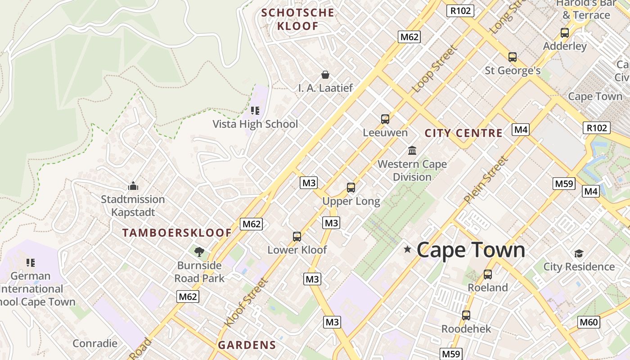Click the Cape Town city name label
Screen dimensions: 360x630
(471, 250)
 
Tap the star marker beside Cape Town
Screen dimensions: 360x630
(407, 249)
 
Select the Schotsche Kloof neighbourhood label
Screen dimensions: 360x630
(298, 19)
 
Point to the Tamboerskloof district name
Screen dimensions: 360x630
(177, 233)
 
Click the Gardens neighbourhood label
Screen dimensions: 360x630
(247, 345)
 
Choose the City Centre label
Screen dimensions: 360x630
(463, 133)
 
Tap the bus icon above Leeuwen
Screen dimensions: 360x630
(385, 119)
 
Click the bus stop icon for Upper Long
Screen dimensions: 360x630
(351, 188)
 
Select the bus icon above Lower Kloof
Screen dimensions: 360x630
(297, 237)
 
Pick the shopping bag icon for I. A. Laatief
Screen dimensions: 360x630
(325, 75)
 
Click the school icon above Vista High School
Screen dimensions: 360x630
(255, 111)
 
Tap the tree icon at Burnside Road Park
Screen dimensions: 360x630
(199, 252)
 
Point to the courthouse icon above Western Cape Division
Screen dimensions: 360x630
(412, 150)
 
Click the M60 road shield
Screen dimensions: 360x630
(589, 322)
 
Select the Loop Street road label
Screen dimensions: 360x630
(435, 68)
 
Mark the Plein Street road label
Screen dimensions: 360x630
(486, 180)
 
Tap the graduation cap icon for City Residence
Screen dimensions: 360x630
(579, 253)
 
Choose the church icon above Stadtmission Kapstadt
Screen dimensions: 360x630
(133, 186)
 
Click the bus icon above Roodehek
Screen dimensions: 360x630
(466, 315)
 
